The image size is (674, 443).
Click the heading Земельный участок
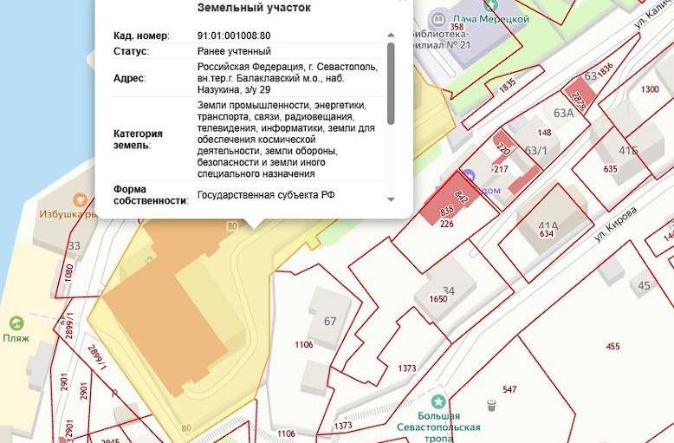click(x=255, y=8)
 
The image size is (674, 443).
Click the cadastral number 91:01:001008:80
click(x=234, y=36)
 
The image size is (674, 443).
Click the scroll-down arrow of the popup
click(x=391, y=199)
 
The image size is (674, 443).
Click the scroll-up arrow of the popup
click(x=391, y=35)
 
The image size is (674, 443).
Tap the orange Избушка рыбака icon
click(x=80, y=199)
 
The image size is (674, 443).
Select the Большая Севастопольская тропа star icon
click(x=439, y=401)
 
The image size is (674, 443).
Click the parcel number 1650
click(x=437, y=299)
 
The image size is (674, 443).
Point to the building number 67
click(x=329, y=322)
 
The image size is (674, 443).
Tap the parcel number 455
click(x=612, y=347)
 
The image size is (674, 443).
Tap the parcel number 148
click(x=544, y=133)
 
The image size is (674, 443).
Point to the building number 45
click(x=644, y=285)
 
